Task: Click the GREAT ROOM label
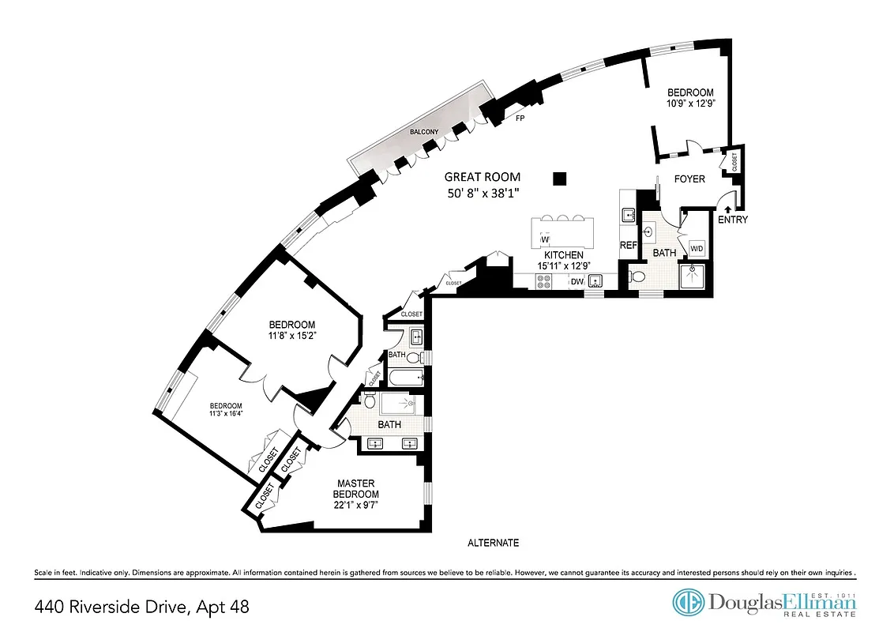coord(483,177)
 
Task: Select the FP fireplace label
coord(520,119)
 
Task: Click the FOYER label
coord(689,179)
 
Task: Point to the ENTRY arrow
coord(727,209)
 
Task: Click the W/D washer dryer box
coord(697,249)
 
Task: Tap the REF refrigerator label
coord(629,246)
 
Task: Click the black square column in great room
coord(560,179)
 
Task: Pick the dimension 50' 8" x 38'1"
coord(483,194)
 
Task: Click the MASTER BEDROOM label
coord(355,489)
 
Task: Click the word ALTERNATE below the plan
coord(493,543)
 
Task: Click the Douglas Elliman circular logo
coord(688,602)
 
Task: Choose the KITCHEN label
coord(564,255)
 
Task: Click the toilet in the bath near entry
coord(637,276)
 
